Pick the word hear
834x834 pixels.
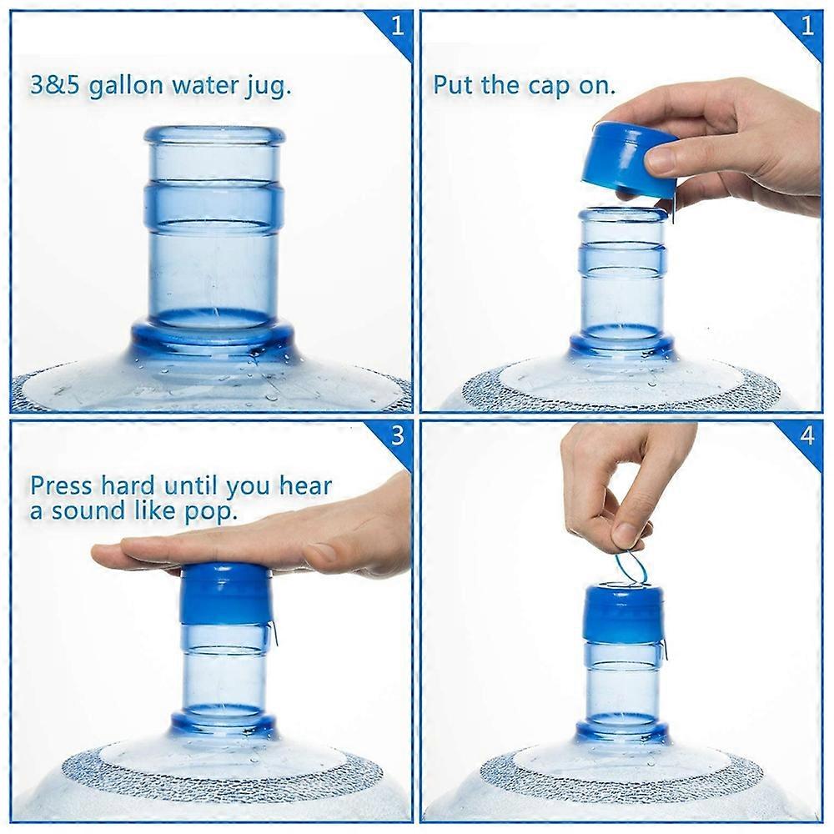[x=304, y=485]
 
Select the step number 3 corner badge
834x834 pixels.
[x=397, y=436]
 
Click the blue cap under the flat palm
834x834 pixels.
[x=224, y=594]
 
